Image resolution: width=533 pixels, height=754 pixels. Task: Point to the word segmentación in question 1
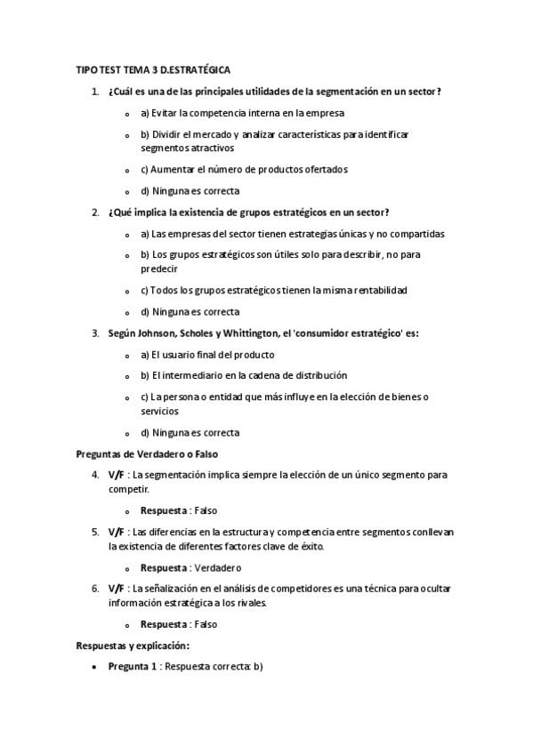coord(334,92)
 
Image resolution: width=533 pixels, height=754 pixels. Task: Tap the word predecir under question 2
coord(159,268)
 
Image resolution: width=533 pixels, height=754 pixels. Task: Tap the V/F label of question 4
coord(117,475)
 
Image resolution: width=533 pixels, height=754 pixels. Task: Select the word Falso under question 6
coord(205,624)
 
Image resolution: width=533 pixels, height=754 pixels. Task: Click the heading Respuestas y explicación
coord(133,646)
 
